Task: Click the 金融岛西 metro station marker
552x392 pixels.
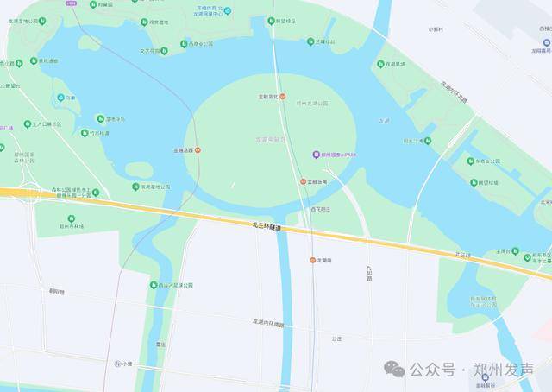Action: [x=198, y=149]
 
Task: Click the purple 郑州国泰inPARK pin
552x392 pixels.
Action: [x=316, y=155]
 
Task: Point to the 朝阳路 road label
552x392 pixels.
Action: [x=57, y=292]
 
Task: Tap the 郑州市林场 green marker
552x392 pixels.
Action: [x=71, y=218]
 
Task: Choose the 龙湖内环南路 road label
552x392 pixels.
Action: [x=267, y=323]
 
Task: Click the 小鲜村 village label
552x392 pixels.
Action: [x=436, y=28]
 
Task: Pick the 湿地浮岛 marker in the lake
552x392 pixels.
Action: [x=100, y=118]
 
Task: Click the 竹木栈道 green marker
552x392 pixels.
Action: [x=85, y=134]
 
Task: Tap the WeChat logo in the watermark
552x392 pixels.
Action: [x=395, y=369]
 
